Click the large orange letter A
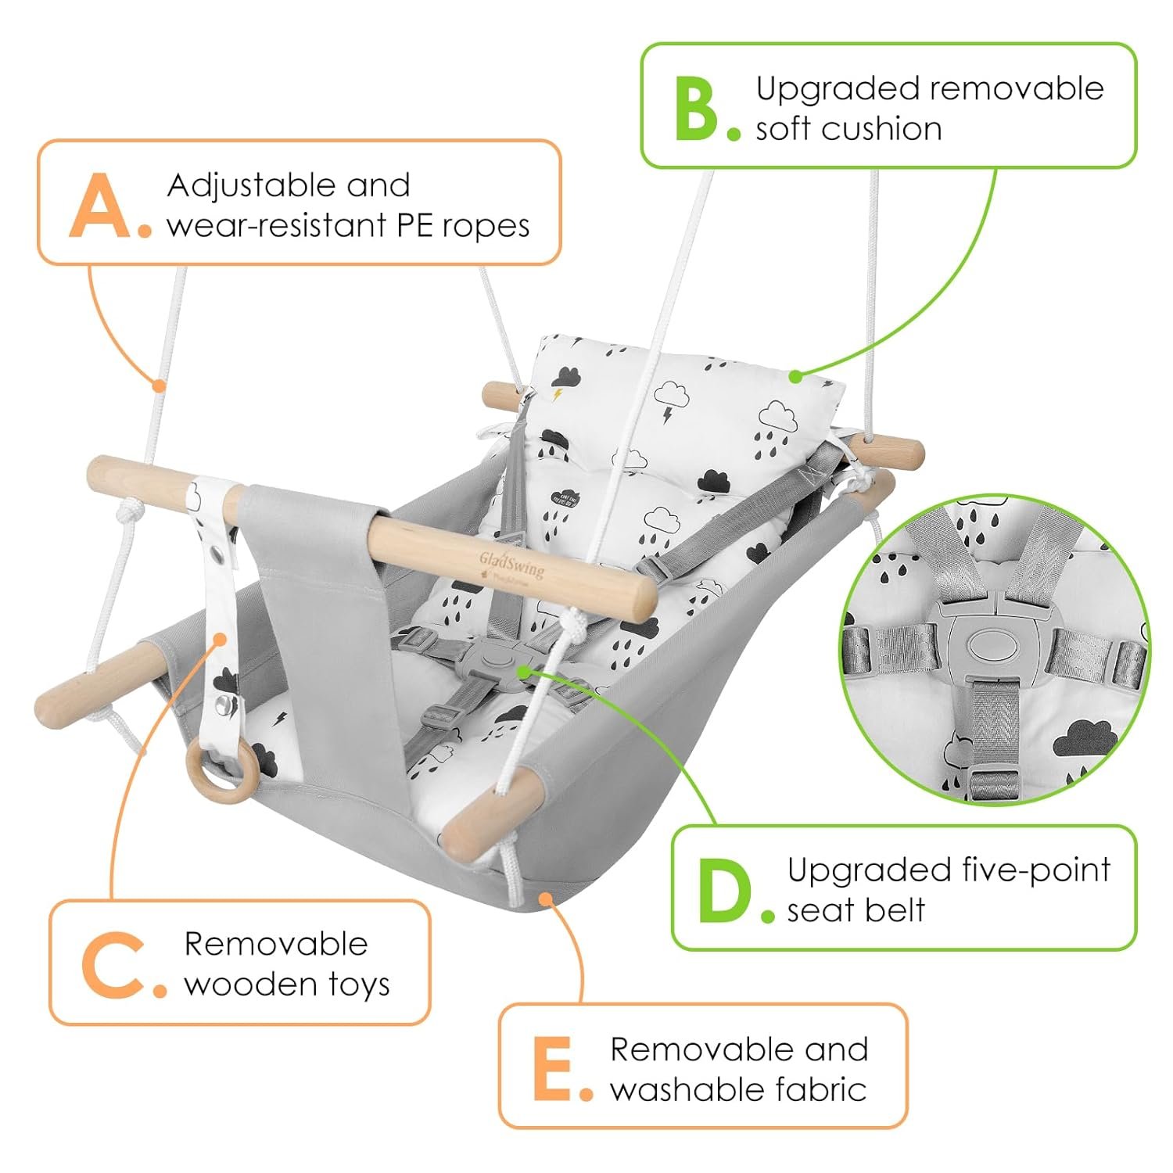pos(100,206)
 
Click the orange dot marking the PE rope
pos(159,385)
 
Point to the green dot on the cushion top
pos(795,377)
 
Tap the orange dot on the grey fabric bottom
pos(545,899)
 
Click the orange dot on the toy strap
pos(220,640)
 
